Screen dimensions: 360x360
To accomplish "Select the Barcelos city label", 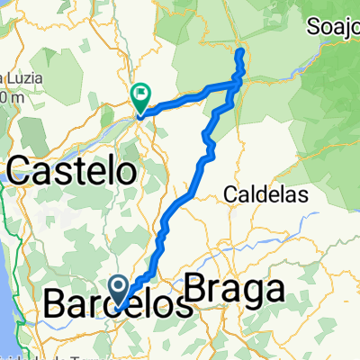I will click(117, 305).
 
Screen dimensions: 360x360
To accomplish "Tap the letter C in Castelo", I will click(22, 168).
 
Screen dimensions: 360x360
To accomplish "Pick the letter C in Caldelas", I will click(229, 193).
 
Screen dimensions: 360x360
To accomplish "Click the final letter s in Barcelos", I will click(184, 305).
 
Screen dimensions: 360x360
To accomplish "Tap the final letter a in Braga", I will click(274, 290).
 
